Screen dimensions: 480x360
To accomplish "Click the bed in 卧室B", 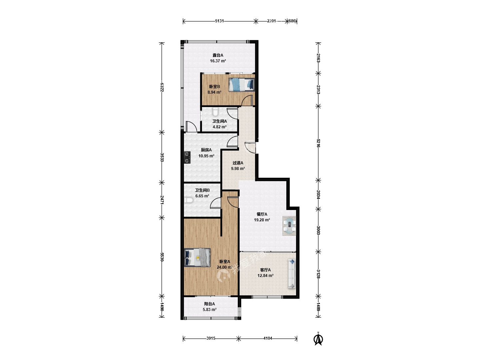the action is (242, 85).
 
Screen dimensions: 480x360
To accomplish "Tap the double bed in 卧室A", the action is (197, 257).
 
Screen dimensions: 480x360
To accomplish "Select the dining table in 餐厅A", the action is (289, 226).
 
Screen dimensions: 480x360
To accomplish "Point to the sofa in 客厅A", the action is (291, 274).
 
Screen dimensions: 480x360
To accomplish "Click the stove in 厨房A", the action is (187, 158).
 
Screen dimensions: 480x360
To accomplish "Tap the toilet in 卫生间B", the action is (189, 200).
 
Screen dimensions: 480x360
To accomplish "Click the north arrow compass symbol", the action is (318, 339).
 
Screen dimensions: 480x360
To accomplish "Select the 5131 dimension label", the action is (219, 21).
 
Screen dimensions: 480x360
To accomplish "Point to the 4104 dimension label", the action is (268, 338).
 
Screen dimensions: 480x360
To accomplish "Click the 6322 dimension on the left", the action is (162, 87).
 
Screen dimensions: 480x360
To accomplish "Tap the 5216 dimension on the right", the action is (318, 143).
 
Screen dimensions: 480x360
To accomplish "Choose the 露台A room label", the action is (218, 55).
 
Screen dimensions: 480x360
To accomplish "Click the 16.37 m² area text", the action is (218, 61).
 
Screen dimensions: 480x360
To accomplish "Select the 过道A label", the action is (238, 163).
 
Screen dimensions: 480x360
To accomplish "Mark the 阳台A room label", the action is (209, 304).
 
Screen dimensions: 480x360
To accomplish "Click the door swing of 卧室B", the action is (247, 100).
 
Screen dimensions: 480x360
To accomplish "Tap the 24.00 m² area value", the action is (225, 267).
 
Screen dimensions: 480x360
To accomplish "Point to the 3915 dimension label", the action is (211, 338).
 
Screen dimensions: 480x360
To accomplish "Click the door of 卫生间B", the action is (215, 203).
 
